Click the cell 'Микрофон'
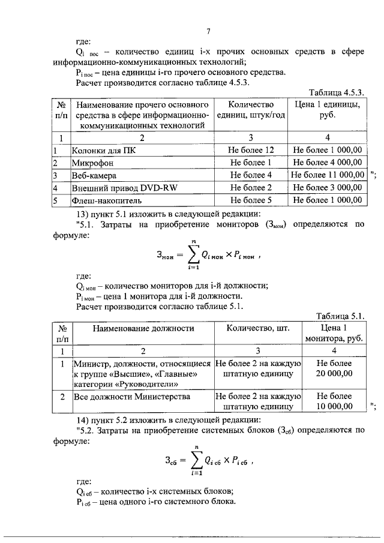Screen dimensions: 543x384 click(x=91, y=163)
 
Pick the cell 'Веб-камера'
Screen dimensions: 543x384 click(x=94, y=175)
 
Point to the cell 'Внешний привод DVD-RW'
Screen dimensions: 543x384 click(x=119, y=188)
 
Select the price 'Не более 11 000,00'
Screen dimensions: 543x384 click(x=328, y=175)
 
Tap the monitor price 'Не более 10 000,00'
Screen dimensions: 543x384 click(x=334, y=401)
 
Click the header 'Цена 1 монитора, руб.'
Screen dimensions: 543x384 click(x=334, y=333)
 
